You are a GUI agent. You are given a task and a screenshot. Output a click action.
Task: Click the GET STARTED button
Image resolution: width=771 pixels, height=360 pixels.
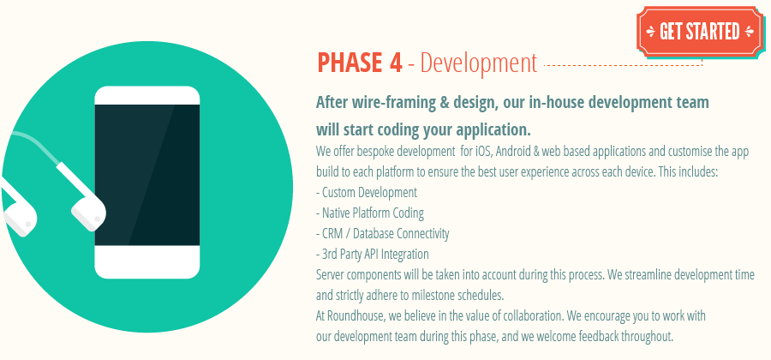699,32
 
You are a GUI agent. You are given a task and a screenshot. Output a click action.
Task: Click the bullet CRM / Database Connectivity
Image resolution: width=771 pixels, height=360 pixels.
384,233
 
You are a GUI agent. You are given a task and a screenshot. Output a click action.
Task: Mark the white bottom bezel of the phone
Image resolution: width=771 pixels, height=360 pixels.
146,261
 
